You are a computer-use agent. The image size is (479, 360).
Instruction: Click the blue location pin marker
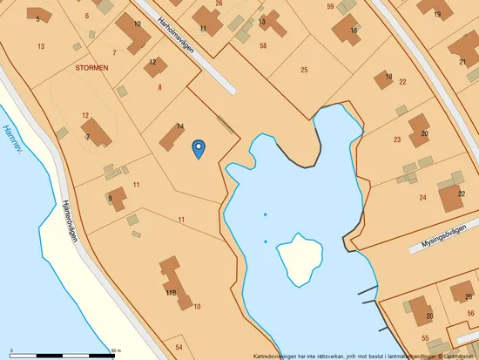[199, 149]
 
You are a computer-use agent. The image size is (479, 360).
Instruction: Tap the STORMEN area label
[92, 66]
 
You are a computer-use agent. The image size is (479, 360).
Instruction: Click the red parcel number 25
[304, 69]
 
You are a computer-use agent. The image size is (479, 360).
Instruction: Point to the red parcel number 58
[263, 44]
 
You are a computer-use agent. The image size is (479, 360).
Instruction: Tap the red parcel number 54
[179, 347]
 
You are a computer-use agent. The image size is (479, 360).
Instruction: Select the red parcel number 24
[422, 198]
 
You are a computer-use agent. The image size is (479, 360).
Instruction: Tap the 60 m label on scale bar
[115, 350]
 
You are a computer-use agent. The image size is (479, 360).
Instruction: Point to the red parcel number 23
[397, 139]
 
